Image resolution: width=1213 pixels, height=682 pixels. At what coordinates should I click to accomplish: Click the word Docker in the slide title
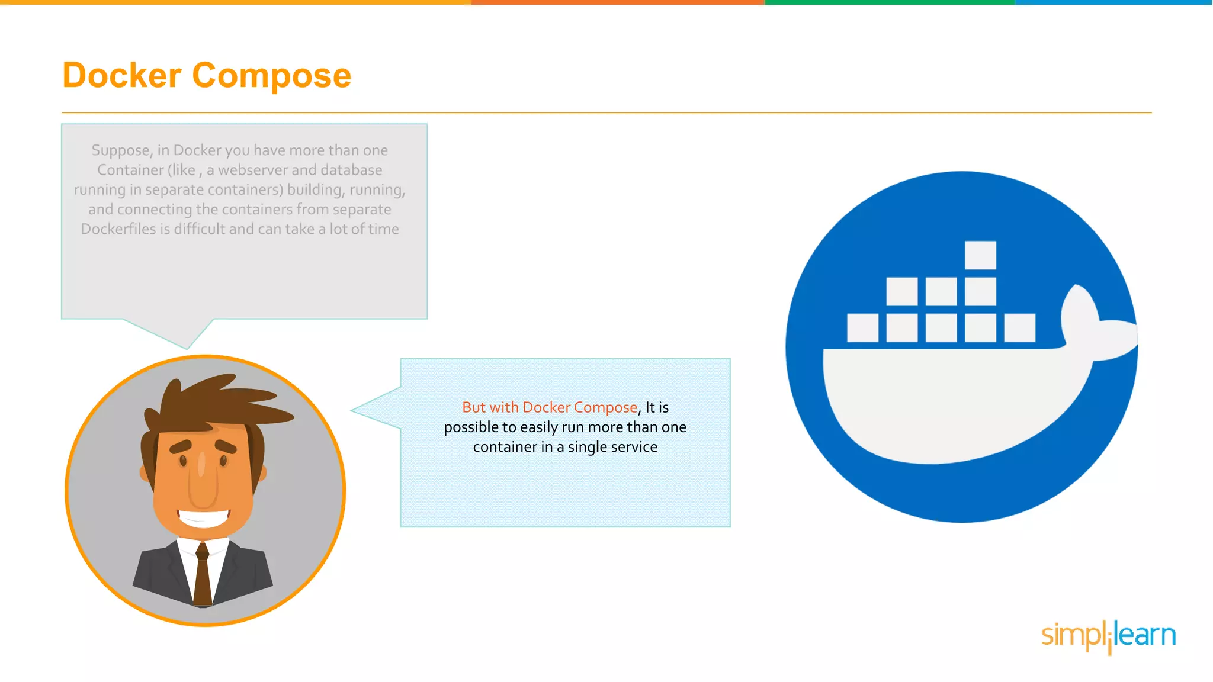tap(122, 76)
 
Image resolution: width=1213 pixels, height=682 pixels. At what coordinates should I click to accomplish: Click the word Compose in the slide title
tap(271, 76)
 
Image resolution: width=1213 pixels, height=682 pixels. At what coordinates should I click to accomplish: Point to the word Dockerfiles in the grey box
tap(118, 229)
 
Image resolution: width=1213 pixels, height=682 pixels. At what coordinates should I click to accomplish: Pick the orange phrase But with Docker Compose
tap(549, 407)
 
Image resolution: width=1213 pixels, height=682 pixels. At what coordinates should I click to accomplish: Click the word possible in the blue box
tap(471, 427)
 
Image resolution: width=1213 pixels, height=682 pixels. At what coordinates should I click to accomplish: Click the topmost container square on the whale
tap(980, 255)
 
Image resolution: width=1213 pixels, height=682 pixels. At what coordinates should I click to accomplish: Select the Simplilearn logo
tap(1108, 636)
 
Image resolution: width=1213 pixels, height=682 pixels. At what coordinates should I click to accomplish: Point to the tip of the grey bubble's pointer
tap(187, 349)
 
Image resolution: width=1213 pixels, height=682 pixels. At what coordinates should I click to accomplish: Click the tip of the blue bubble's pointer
tap(352, 410)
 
